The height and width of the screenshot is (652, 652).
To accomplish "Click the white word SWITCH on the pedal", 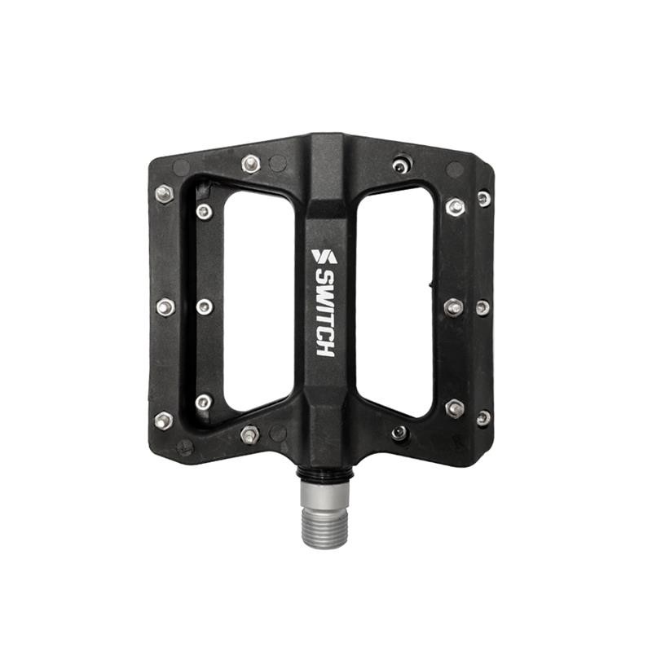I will (324, 313).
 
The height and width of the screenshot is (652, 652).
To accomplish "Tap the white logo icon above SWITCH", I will (324, 256).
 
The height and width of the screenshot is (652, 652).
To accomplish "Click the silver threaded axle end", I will (324, 517).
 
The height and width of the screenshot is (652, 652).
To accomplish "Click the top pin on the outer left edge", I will (164, 193).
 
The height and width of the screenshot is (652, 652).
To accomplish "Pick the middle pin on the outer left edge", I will (165, 307).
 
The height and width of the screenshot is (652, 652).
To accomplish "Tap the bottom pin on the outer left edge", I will (163, 420).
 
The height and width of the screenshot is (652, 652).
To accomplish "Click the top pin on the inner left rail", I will (204, 212).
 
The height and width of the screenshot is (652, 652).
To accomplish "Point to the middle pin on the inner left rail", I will (205, 306).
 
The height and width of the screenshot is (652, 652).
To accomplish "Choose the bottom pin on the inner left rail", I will (204, 402).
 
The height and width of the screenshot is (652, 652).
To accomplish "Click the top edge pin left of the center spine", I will (251, 164).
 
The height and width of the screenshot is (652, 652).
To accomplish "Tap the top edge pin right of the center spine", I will (399, 165).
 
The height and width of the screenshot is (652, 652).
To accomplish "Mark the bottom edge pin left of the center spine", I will (250, 434).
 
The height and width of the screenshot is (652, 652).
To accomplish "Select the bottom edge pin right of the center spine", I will (399, 433).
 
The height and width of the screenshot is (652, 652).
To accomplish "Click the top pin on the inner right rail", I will (455, 207).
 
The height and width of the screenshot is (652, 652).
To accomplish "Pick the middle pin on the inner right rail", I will (454, 307).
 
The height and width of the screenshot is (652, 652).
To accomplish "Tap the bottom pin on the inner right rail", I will (455, 407).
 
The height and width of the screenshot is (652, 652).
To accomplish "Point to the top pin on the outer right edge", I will (484, 198).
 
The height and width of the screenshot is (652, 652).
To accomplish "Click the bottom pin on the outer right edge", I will (483, 417).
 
